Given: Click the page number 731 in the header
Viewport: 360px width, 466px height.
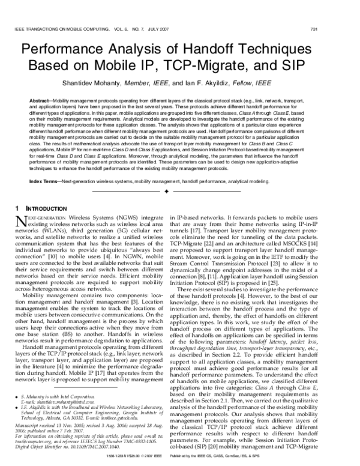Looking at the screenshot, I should point(347,29).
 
